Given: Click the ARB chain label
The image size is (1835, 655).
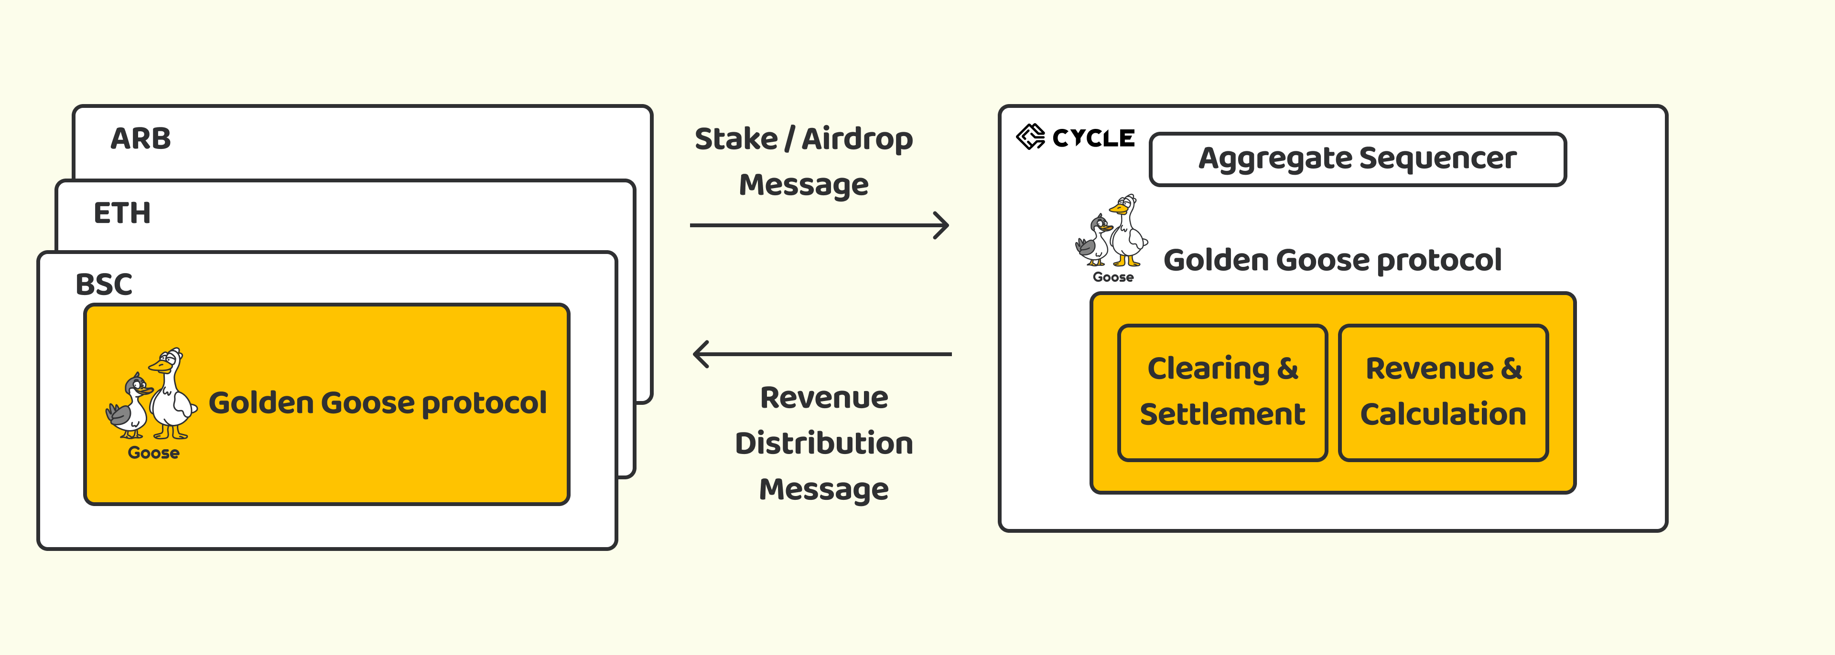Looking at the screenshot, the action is [140, 138].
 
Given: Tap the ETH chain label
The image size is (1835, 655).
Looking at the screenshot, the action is [122, 213].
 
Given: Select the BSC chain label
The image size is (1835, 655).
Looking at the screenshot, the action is [104, 284].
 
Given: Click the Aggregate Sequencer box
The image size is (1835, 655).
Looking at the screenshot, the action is [1358, 159].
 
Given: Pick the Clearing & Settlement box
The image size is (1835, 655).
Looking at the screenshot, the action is [1222, 392].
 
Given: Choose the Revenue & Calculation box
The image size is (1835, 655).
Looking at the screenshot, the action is [1443, 392].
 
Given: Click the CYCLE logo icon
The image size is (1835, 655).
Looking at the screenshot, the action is [1030, 137].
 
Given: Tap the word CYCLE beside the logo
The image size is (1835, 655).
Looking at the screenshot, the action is [1093, 137].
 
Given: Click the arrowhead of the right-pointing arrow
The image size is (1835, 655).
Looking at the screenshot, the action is [942, 225].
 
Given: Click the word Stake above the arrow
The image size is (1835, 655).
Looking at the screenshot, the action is [736, 139].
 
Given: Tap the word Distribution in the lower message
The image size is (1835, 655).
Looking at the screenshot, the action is [823, 443].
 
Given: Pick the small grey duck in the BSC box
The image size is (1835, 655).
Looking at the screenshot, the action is [129, 406].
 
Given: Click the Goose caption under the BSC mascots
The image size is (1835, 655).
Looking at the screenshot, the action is [153, 453].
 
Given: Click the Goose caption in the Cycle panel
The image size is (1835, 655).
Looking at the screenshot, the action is [1112, 277].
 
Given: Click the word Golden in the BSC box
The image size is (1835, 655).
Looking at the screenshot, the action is [261, 402].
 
